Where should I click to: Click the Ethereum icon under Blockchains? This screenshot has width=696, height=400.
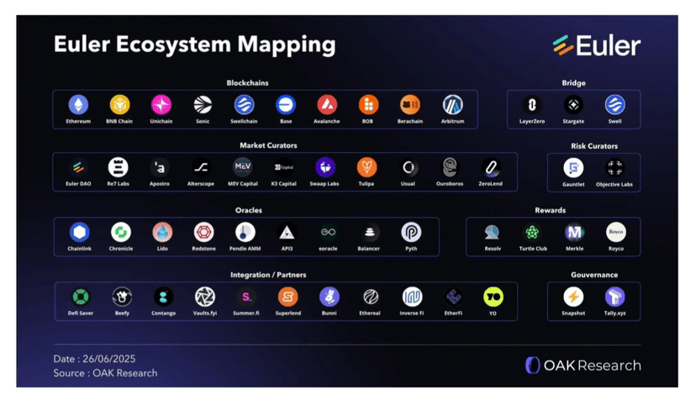click(78, 105)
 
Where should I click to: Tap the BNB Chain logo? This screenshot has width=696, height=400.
click(119, 105)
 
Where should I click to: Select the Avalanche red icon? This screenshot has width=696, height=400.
click(327, 105)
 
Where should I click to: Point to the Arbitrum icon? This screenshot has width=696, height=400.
click(452, 105)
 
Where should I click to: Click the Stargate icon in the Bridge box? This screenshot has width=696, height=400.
click(573, 105)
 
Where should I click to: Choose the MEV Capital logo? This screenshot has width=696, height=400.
click(242, 166)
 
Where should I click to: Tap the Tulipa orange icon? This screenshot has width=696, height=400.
click(366, 166)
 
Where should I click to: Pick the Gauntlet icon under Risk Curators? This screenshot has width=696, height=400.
click(573, 167)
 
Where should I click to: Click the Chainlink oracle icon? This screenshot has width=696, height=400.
click(79, 232)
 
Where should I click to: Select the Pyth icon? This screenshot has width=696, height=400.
click(411, 232)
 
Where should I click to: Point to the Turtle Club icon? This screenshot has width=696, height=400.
click(532, 232)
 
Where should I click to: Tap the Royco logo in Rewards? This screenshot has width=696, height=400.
click(616, 232)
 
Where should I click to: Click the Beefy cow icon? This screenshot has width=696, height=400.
click(122, 296)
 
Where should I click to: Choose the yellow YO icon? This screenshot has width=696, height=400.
click(493, 296)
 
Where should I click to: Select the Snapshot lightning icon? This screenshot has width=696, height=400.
click(573, 296)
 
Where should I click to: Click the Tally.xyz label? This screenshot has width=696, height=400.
click(615, 313)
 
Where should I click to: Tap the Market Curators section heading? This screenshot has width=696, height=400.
click(269, 145)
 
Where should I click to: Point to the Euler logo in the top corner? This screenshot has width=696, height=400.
click(597, 45)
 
